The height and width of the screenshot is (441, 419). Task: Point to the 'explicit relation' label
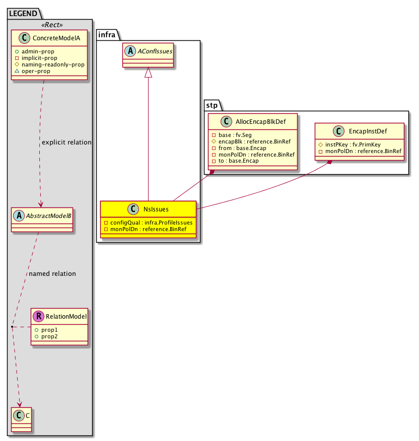point(67,142)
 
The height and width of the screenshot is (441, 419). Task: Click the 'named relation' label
point(52,274)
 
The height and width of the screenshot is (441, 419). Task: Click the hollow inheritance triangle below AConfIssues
point(148,73)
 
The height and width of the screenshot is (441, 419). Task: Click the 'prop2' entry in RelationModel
point(49,336)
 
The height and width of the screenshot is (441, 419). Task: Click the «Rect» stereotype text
point(50,24)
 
